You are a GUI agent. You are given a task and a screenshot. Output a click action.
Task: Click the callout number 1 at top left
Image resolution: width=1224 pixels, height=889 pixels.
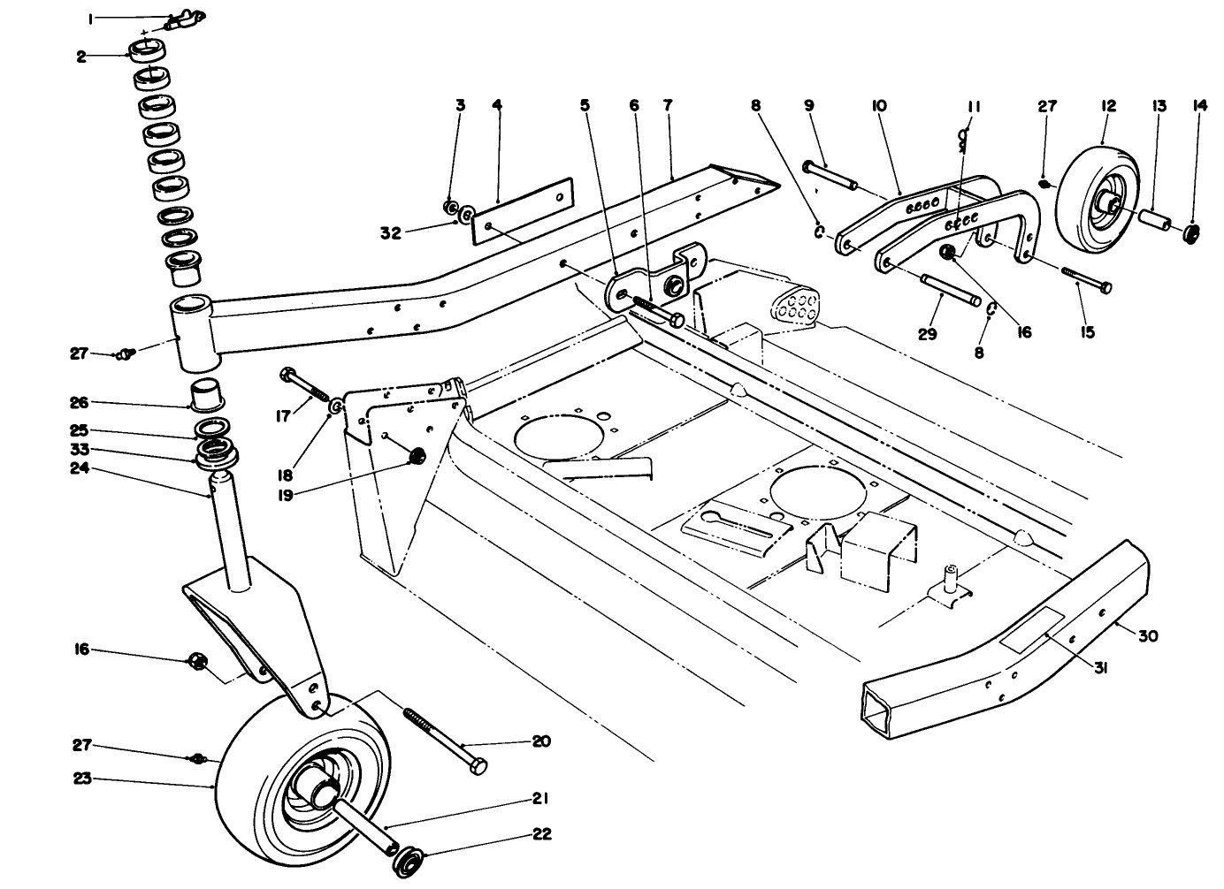click(x=115, y=18)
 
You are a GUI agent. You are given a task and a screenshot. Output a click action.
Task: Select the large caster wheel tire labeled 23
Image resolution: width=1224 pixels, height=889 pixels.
click(x=256, y=778)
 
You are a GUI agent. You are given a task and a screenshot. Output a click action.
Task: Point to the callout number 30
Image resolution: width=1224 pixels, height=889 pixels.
click(x=1148, y=635)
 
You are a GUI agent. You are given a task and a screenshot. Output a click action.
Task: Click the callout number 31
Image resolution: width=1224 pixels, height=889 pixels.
click(x=1100, y=669)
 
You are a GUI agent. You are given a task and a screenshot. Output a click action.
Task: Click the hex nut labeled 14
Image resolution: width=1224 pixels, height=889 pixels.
click(x=1192, y=233)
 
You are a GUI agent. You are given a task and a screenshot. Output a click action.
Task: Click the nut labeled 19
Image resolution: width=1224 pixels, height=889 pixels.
click(x=415, y=457)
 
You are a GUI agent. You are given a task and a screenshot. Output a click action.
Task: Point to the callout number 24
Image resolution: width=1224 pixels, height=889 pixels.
click(x=78, y=468)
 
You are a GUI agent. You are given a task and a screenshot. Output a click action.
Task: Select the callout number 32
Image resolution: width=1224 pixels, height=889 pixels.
click(x=391, y=233)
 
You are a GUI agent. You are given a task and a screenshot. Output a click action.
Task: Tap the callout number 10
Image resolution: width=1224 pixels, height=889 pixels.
click(x=878, y=105)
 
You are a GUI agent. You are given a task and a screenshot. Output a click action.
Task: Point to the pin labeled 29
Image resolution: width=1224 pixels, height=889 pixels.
click(x=948, y=291)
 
